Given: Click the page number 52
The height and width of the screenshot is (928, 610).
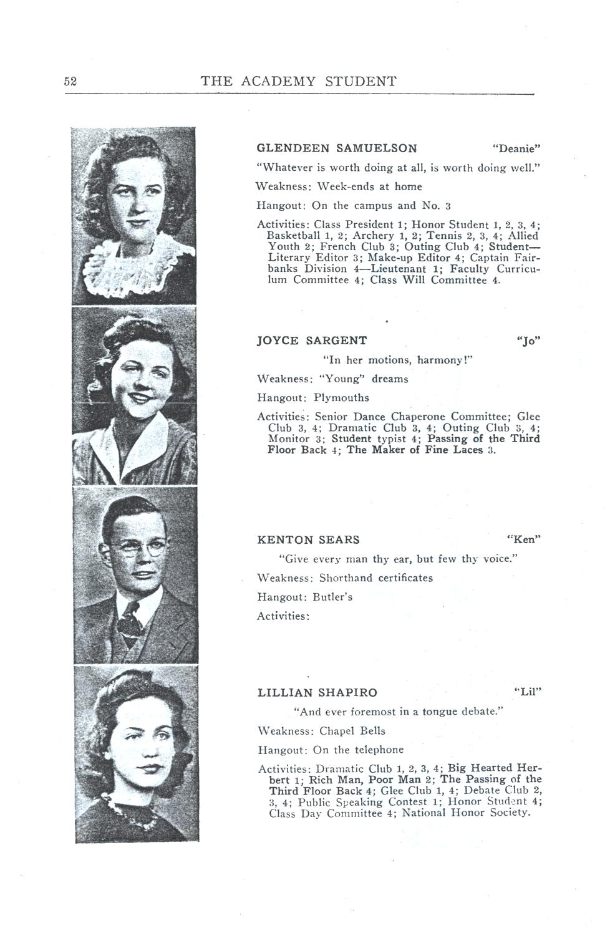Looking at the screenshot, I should point(70,82).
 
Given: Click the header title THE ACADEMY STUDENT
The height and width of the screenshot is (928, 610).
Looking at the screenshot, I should point(298,82).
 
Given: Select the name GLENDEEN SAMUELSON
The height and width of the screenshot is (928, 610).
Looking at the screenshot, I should point(337,148).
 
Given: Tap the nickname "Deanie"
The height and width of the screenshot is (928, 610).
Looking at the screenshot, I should point(516,148).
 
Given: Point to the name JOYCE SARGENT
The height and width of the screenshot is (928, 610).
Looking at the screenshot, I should point(312,341).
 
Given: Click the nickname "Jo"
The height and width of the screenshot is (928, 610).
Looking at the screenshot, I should point(528,341).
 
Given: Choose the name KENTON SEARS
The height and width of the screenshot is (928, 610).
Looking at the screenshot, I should point(308,539).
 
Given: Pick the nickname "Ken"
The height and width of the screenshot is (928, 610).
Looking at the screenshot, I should point(523,539).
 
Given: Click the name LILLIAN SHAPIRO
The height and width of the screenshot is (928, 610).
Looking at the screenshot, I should point(317,693).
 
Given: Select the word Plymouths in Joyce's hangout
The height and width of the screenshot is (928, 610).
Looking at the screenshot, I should point(341,398).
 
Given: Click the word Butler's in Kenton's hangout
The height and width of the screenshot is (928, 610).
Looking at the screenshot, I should point(332,597).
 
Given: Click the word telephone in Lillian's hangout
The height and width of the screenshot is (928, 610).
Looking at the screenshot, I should point(378,750).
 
